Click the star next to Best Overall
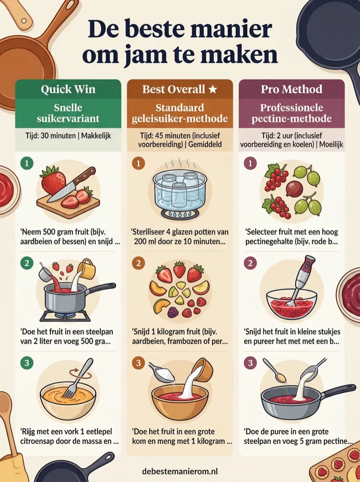(x=213, y=89)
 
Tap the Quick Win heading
(x=68, y=89)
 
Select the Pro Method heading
(x=292, y=89)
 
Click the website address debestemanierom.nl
(x=180, y=471)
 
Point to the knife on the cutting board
(x=71, y=184)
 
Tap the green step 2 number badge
(x=27, y=263)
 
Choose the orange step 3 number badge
(x=138, y=363)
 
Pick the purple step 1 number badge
(x=250, y=163)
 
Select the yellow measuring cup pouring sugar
(x=86, y=269)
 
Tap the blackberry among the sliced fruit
(x=173, y=312)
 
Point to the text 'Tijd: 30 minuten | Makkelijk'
(x=68, y=135)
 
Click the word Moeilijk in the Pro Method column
(x=331, y=144)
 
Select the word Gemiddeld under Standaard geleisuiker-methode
(x=205, y=144)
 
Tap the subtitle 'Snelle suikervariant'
(x=68, y=113)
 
